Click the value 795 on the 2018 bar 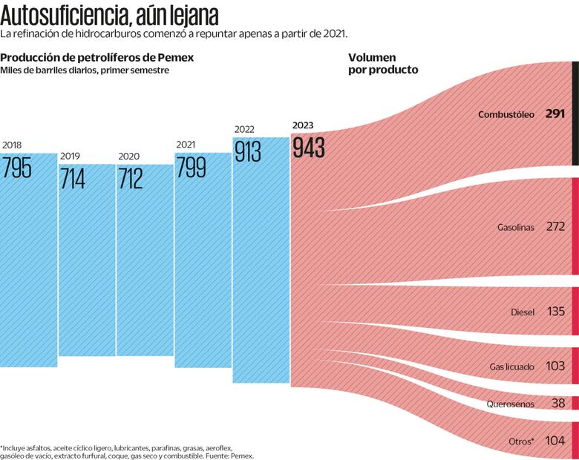click(x=17, y=168)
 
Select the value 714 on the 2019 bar click(x=73, y=179)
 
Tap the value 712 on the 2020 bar click(x=131, y=179)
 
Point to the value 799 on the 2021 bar click(x=191, y=168)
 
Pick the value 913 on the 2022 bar click(x=248, y=151)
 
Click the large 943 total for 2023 click(x=309, y=147)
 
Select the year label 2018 click(x=12, y=145)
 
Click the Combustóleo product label click(x=506, y=114)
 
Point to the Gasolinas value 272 click(x=555, y=226)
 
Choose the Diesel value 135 click(x=556, y=312)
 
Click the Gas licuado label click(x=511, y=367)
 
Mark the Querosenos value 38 click(x=558, y=404)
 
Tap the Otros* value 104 click(x=555, y=441)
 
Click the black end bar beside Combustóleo click(x=575, y=113)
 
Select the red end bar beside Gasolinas click(x=575, y=226)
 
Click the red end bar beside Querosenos click(x=575, y=403)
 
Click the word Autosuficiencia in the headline click(x=66, y=16)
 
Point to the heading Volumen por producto click(x=383, y=63)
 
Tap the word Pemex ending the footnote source click(x=242, y=456)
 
